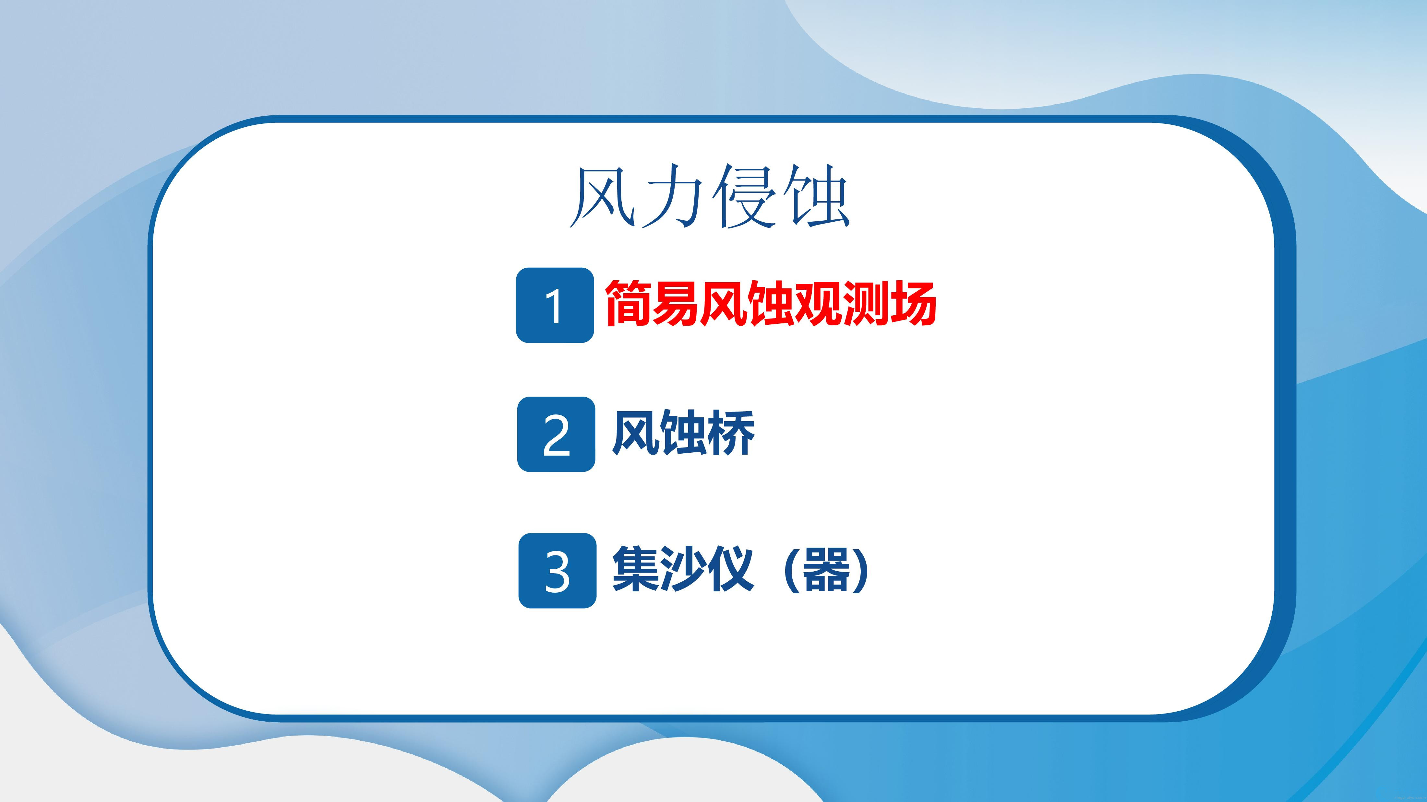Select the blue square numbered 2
pos(556,435)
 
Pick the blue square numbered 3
pos(557,571)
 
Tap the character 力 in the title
pos(674,196)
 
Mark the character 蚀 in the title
pos(817,196)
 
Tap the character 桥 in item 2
pos(731,433)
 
